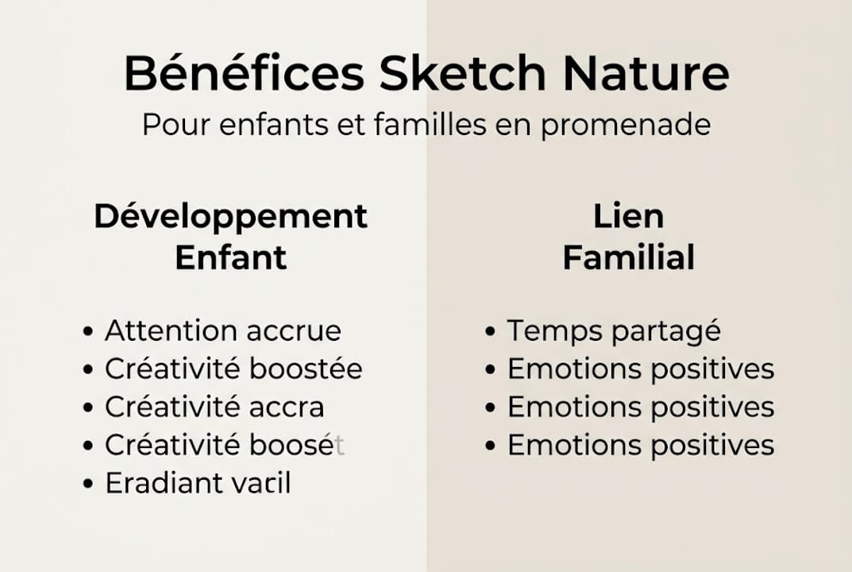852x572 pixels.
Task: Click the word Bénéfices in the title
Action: coord(244,74)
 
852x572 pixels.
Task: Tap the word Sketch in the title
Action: coord(462,74)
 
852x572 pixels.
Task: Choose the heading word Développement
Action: coord(230,216)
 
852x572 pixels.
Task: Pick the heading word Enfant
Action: coord(230,257)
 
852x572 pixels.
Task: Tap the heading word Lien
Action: coord(628,216)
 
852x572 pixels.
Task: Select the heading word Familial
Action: coord(628,257)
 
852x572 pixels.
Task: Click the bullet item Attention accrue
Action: coord(222,330)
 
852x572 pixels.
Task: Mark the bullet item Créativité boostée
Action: coord(233,369)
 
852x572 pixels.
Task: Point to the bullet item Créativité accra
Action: coord(214,407)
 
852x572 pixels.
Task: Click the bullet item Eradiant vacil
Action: coord(198,483)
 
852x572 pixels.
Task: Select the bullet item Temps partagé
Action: coord(613,330)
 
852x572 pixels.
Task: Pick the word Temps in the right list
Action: coord(546,330)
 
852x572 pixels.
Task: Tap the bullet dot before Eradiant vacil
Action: coord(88,483)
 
